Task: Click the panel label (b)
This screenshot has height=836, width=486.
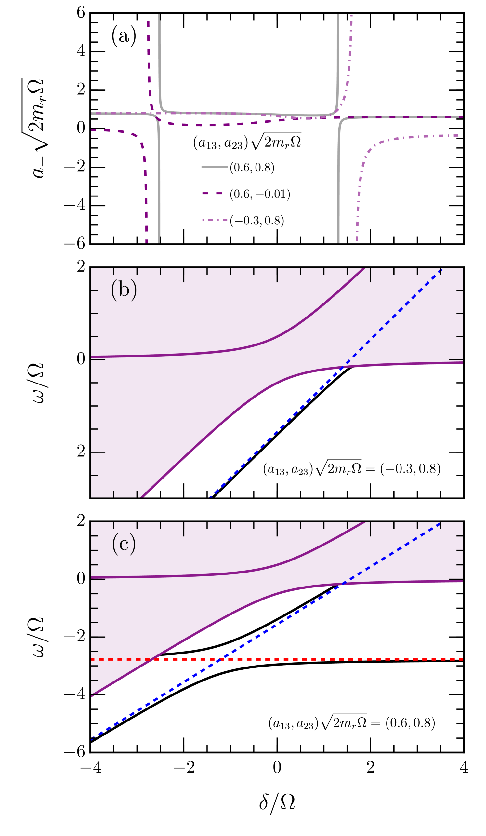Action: click(124, 290)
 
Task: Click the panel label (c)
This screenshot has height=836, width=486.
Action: click(124, 544)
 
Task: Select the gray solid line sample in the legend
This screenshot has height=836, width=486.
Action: click(215, 167)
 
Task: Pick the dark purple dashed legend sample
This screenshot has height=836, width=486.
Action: click(213, 193)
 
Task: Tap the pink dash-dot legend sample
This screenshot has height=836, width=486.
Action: click(215, 220)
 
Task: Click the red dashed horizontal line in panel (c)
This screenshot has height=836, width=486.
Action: click(332, 659)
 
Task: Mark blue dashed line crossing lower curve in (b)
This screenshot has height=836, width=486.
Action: click(342, 367)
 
